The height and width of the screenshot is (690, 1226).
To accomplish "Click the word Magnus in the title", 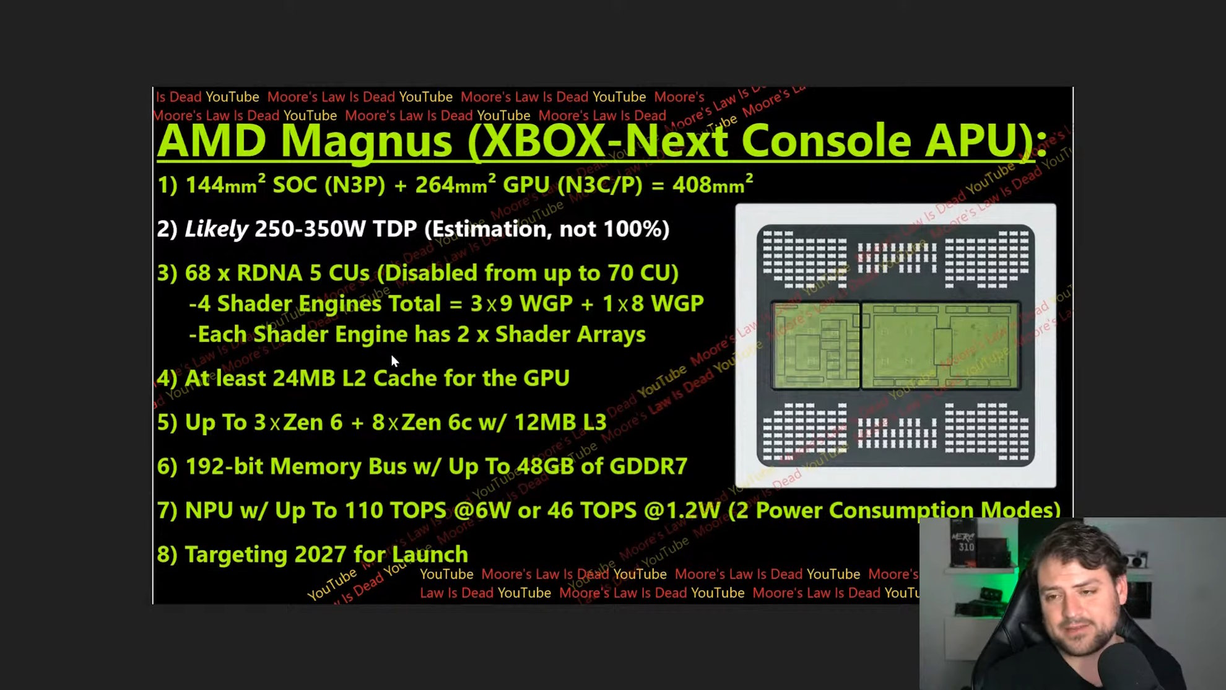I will pos(366,141).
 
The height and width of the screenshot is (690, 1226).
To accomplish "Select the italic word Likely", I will pos(216,229).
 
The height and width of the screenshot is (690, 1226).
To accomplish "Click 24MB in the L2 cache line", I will pos(303,378).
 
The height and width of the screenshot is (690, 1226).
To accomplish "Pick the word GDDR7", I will pos(648,466).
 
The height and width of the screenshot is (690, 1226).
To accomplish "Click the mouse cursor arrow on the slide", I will pos(394,361).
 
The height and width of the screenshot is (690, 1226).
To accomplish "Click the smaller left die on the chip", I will pos(815,346).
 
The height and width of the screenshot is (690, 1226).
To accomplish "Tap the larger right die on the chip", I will pos(940,346).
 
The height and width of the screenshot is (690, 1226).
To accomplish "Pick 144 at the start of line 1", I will pos(204,185).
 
